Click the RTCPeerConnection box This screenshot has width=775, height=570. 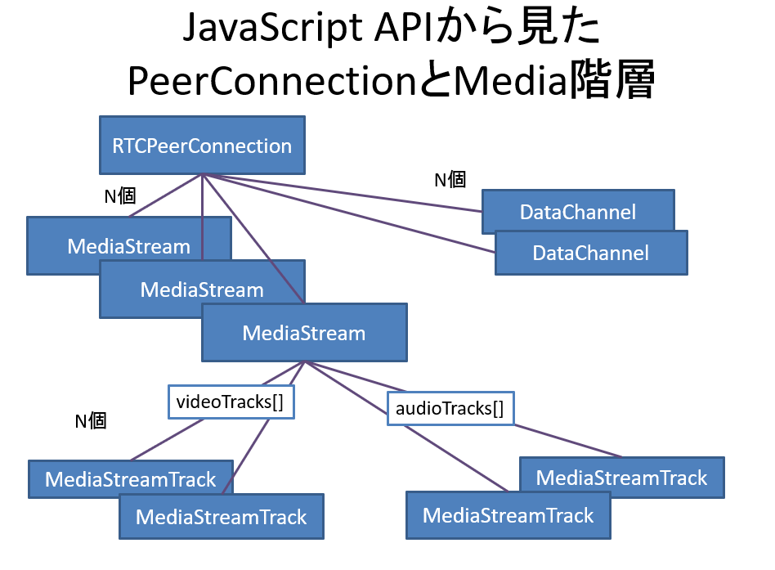pos(202,146)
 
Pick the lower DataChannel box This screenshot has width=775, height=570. pos(591,253)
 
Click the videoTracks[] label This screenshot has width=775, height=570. pos(231,402)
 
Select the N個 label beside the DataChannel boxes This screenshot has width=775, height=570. pos(450,179)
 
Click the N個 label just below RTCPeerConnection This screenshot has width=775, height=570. pos(119,195)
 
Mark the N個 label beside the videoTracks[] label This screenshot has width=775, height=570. pos(91,421)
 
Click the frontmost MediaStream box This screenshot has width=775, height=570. pos(304,333)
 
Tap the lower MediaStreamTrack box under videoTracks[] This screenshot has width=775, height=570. pos(221,517)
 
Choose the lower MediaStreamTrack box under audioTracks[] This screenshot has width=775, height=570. pos(508,516)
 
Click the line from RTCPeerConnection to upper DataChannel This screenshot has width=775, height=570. pos(343,194)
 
